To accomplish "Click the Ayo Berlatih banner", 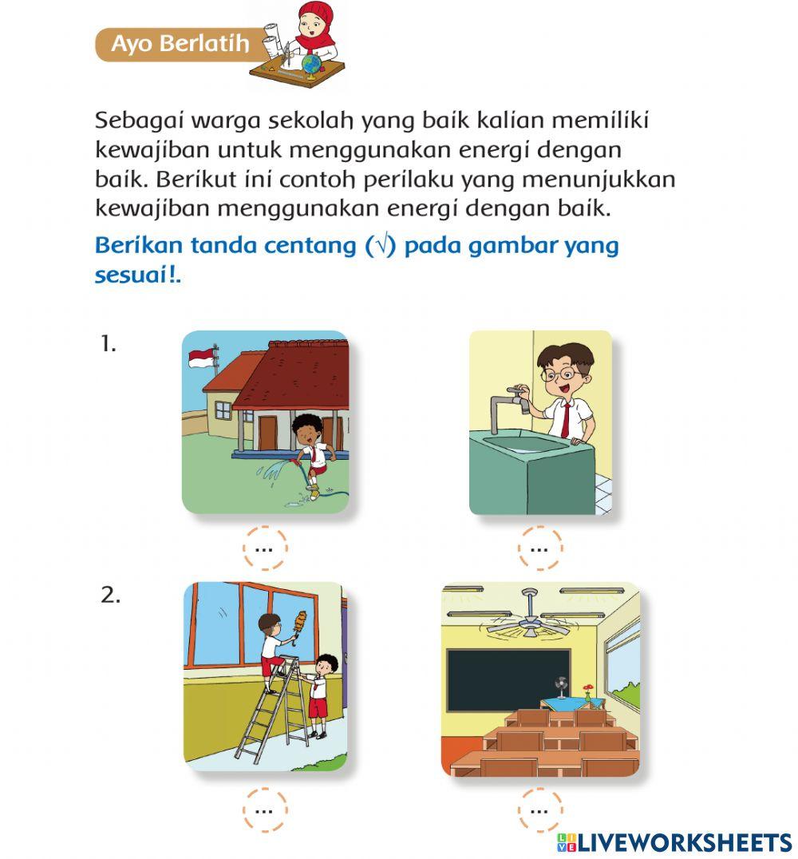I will point(180,44).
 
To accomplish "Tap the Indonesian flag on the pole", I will point(201,358).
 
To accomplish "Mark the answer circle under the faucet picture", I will point(539,548).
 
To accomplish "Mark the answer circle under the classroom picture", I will point(539,810).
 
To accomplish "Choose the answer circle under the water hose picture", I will point(264,548).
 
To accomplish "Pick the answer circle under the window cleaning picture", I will point(264,810).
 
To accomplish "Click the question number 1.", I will point(109,344).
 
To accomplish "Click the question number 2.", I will point(110,595).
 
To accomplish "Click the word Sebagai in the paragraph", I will point(134,121).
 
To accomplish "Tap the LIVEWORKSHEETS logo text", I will point(683,841).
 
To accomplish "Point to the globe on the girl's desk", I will point(311,63).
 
